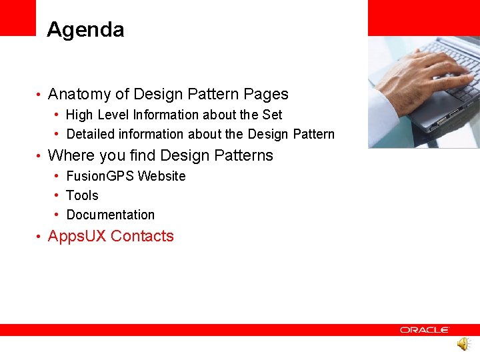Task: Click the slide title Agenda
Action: coord(85,30)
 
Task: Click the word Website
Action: coord(161,176)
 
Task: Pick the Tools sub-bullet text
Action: coord(82,195)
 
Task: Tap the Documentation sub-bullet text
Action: coord(110,215)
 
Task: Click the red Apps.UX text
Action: coord(77,236)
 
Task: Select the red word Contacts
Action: coord(142,236)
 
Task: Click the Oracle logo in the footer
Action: coord(425,330)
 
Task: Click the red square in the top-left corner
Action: coord(17,17)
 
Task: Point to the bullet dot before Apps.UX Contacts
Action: coord(40,237)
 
